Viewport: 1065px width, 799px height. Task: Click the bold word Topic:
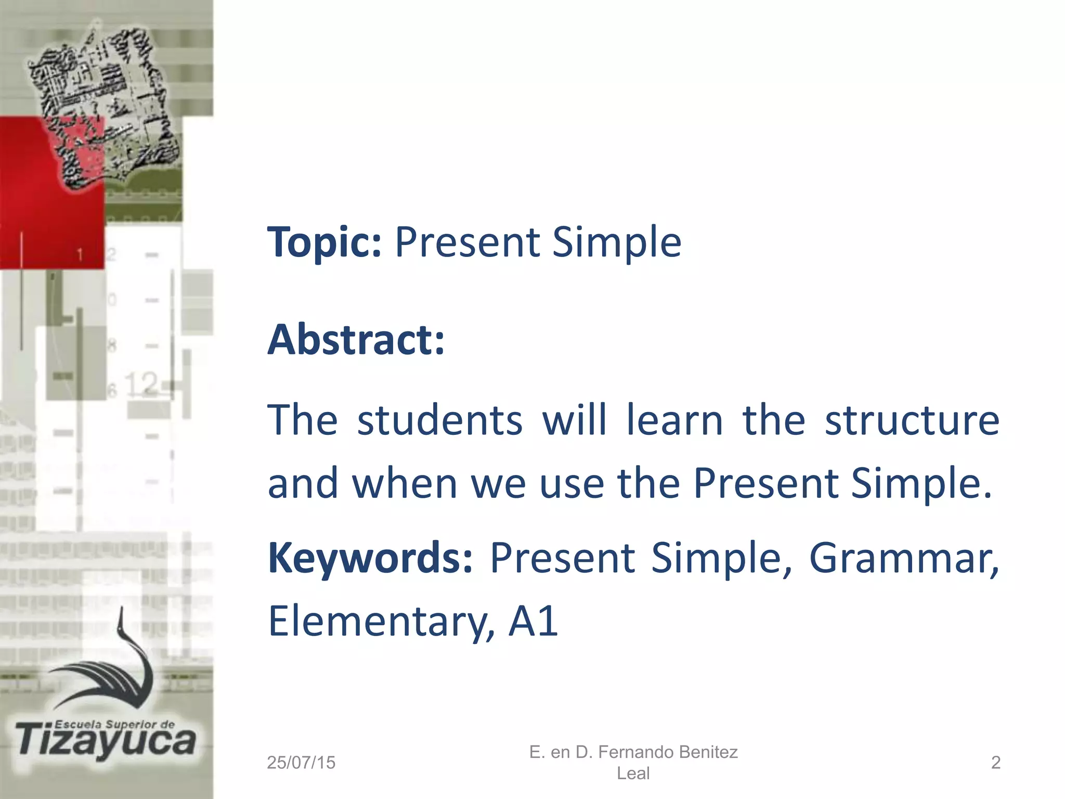324,242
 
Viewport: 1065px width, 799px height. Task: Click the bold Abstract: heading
356,340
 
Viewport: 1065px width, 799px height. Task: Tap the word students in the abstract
439,420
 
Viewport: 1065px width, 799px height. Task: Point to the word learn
674,420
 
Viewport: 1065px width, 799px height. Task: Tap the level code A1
533,621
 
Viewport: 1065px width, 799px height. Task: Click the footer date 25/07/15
301,763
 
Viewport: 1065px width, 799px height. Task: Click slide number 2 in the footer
995,763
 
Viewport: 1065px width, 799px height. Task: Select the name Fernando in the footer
635,752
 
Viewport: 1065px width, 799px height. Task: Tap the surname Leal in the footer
633,774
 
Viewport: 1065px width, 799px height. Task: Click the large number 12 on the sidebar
141,384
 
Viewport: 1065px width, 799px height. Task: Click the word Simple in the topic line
616,242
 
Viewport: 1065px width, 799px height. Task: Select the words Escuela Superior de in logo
114,724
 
